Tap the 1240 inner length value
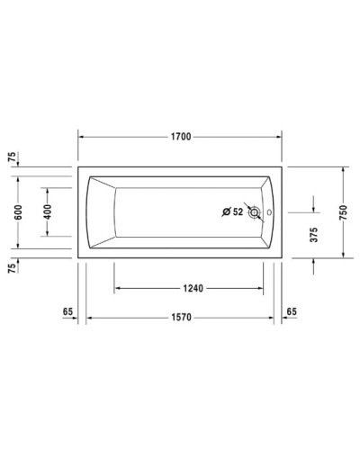point(190,289)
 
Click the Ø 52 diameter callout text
point(232,212)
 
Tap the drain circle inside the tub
point(255,212)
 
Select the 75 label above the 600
point(12,158)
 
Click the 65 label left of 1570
point(67,310)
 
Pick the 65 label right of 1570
point(291,310)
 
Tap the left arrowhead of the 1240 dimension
point(116,289)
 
